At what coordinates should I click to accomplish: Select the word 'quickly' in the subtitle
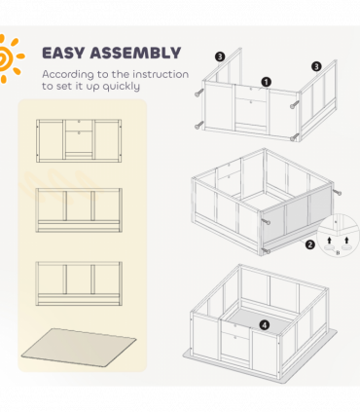tap(122, 87)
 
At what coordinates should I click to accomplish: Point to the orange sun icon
tap(10, 57)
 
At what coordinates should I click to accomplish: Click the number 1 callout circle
tap(266, 82)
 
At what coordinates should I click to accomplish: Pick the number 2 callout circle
tap(310, 244)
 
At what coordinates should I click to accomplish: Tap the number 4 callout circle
tap(265, 324)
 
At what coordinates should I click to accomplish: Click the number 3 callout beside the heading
tap(220, 56)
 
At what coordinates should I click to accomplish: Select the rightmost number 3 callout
tap(316, 66)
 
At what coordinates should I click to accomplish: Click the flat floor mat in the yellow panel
tap(79, 347)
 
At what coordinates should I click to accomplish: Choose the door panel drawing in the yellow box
tap(79, 140)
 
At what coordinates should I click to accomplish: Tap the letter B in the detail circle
tap(338, 252)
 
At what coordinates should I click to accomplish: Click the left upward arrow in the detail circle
tap(330, 240)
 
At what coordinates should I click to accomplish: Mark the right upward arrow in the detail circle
tap(346, 240)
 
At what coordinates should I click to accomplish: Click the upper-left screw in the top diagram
tap(198, 93)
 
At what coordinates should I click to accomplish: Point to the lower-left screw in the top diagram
tap(198, 126)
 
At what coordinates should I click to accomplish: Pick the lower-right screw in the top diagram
tap(294, 137)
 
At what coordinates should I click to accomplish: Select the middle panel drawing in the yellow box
tap(79, 210)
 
